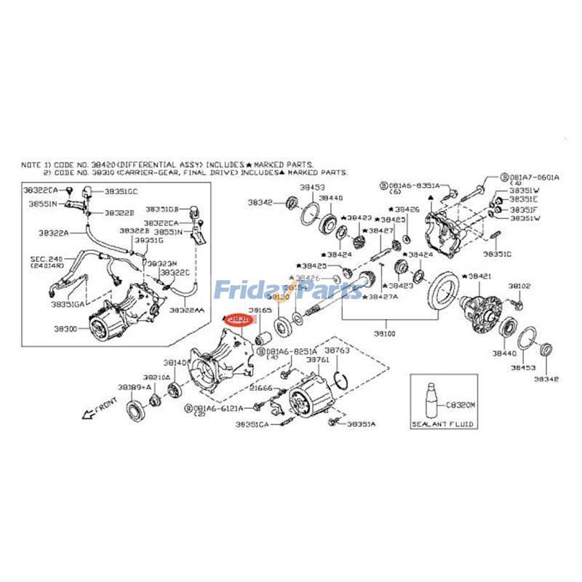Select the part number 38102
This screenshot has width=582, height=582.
(x=519, y=287)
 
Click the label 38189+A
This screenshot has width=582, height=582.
(x=131, y=388)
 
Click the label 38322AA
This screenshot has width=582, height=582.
(x=187, y=310)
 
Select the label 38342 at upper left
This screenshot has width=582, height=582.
(x=260, y=202)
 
